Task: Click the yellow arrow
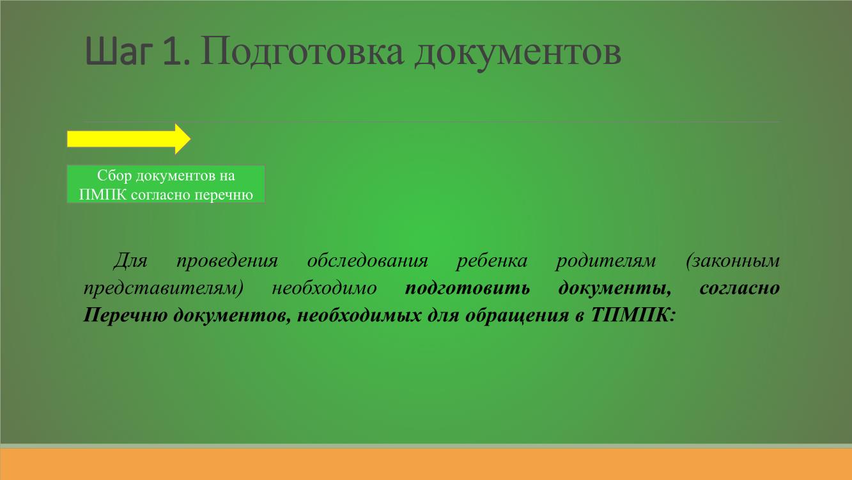tap(128, 139)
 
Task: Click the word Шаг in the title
tap(117, 51)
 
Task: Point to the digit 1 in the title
tap(172, 51)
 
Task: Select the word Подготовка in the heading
tap(302, 53)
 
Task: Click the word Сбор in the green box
tap(114, 175)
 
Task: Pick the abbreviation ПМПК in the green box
tap(103, 195)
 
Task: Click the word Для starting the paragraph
tap(130, 261)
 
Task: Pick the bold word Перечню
tap(125, 316)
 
